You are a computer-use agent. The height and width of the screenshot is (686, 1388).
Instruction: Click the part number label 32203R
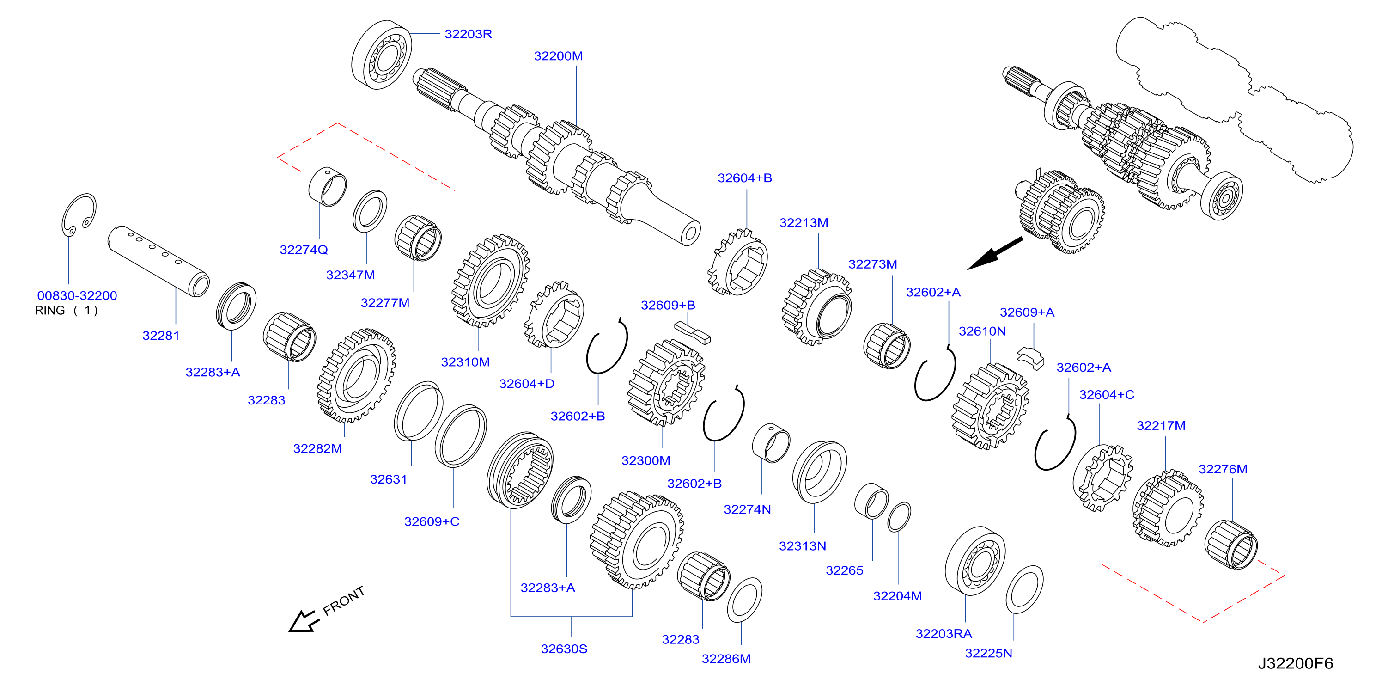click(x=468, y=34)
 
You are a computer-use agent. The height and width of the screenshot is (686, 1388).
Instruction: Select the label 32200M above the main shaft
click(x=558, y=56)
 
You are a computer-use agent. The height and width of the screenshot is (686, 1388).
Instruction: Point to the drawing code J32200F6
click(x=1295, y=663)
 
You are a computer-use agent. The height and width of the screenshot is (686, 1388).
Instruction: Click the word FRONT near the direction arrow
click(x=344, y=600)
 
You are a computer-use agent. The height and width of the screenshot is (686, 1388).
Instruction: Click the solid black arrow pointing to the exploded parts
click(x=995, y=253)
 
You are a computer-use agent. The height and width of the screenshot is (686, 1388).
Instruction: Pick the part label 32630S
click(x=564, y=649)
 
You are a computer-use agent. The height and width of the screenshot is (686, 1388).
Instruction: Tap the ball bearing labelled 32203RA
click(x=975, y=561)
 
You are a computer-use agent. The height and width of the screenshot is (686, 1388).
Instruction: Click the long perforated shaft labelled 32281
click(x=158, y=261)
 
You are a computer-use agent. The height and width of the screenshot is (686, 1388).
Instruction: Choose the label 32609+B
click(x=668, y=306)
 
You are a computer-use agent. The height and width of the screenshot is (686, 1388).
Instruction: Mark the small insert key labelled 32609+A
click(x=1031, y=358)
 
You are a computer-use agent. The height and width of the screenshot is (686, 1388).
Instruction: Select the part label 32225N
click(x=988, y=654)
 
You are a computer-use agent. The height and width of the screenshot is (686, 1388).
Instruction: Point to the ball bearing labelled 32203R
click(x=382, y=55)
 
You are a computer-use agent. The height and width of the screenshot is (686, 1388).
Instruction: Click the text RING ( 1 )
click(x=66, y=310)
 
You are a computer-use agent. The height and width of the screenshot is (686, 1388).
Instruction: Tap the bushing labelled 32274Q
click(x=328, y=186)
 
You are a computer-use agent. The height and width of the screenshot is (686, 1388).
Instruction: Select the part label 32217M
click(x=1161, y=426)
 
